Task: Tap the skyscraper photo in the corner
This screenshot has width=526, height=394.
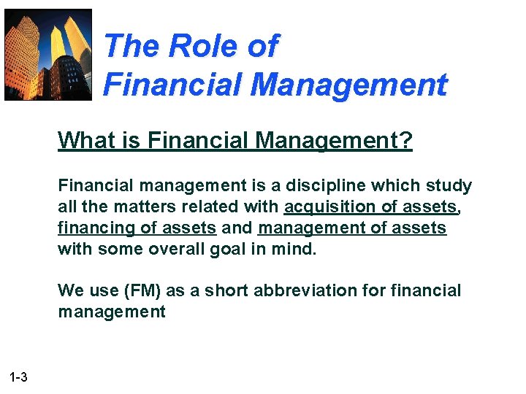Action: [48, 54]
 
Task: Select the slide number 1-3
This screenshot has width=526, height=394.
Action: [19, 377]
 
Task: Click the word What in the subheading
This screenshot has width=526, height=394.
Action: [80, 139]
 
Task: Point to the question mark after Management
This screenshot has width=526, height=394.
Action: [405, 139]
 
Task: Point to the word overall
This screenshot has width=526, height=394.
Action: [187, 249]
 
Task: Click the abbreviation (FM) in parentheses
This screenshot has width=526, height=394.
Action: [143, 290]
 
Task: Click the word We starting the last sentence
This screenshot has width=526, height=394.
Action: [70, 290]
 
